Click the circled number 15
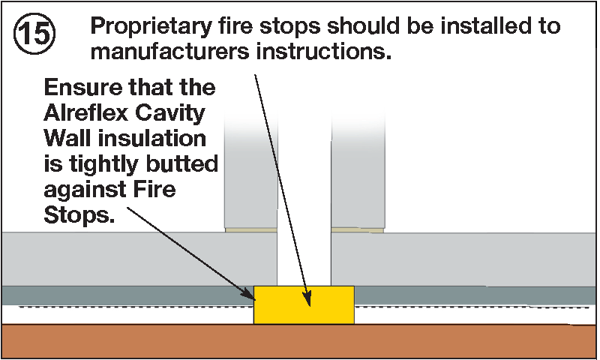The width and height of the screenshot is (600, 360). (x=34, y=33)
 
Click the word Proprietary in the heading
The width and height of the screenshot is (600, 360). (x=151, y=27)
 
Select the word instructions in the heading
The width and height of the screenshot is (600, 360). (x=324, y=52)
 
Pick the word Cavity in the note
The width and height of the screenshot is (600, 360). (x=170, y=114)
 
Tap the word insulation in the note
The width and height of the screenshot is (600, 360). (x=152, y=139)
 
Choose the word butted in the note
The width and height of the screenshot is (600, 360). (x=181, y=163)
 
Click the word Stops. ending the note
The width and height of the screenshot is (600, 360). (x=79, y=215)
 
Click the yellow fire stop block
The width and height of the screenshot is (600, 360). (x=304, y=305)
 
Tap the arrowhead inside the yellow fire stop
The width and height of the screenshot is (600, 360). (x=307, y=298)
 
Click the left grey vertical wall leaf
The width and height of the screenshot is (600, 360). (x=250, y=172)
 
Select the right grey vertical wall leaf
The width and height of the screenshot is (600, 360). (x=358, y=172)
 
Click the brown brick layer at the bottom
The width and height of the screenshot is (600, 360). (x=300, y=341)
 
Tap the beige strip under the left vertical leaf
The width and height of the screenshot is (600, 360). (x=251, y=230)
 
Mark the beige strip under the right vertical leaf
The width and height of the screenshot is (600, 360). (x=358, y=230)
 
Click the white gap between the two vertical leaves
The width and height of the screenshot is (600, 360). (x=304, y=199)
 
